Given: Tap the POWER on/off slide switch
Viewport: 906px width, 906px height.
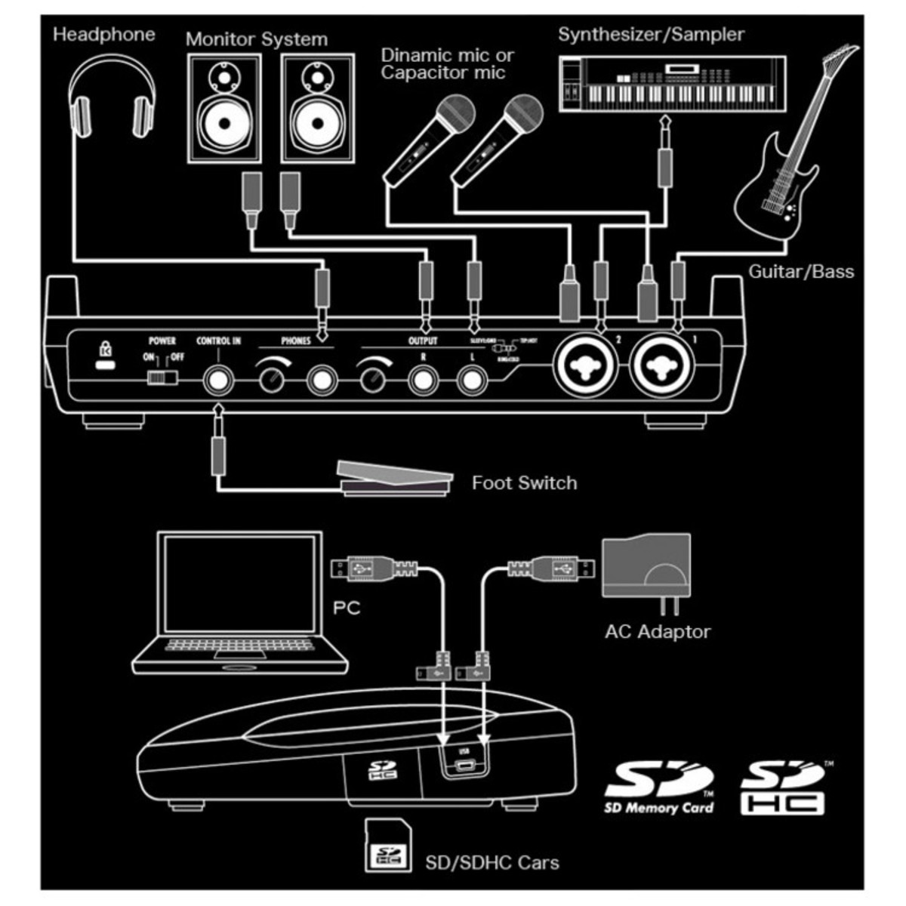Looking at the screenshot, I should [160, 375].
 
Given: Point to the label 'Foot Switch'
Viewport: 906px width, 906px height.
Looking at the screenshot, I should [524, 483].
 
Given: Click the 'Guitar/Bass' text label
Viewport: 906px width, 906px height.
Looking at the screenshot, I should [800, 272].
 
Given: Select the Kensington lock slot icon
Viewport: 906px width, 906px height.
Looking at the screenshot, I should [105, 356].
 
